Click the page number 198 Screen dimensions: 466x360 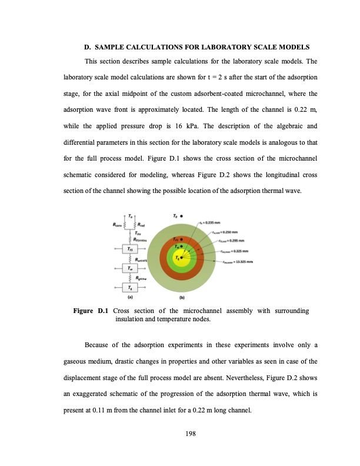tap(180, 434)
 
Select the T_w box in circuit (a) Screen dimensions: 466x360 tap(131, 268)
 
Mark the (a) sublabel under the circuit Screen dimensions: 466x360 tap(130, 298)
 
